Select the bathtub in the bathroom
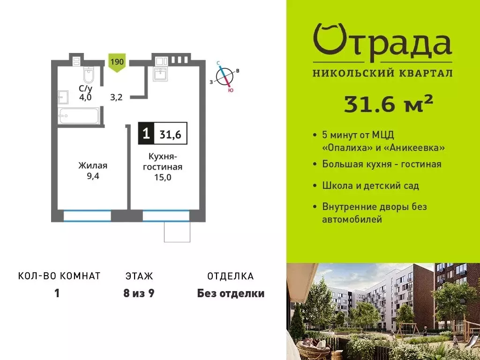point(79,115)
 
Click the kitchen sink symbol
point(160,74)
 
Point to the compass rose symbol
point(225,76)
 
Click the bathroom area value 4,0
point(85,97)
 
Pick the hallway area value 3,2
point(116,97)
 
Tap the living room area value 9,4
point(93,176)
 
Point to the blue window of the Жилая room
point(87,216)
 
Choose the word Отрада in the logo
point(382,40)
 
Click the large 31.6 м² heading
point(388,105)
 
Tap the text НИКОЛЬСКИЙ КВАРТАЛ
point(382,73)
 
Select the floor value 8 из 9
point(139,294)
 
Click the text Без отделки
point(231,294)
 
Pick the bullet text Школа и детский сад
point(370,186)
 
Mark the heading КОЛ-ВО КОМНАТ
point(59,276)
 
